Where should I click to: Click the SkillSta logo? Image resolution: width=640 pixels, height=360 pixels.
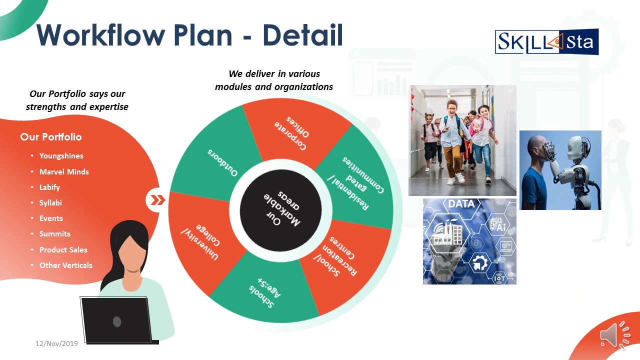[546, 42]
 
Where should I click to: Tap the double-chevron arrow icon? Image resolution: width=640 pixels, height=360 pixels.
[157, 200]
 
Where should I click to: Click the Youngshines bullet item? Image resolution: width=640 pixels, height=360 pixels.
[61, 156]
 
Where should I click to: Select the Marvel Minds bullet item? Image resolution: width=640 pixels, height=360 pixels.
[64, 171]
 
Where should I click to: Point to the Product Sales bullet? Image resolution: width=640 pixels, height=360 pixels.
[63, 249]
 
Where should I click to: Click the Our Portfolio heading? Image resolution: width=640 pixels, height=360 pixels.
[50, 137]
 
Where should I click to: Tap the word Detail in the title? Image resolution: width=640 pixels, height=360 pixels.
[302, 35]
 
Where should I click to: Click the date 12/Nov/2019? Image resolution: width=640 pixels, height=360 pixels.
[56, 343]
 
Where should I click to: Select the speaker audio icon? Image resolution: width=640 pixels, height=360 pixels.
[614, 334]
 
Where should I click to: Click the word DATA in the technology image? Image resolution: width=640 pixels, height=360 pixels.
[461, 204]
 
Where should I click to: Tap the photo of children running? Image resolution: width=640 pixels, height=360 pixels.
[462, 140]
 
